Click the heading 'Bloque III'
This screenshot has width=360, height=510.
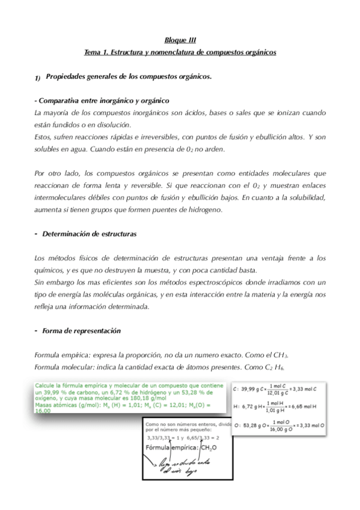[x=180, y=41]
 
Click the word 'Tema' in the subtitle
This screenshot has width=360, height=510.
[x=92, y=53]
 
